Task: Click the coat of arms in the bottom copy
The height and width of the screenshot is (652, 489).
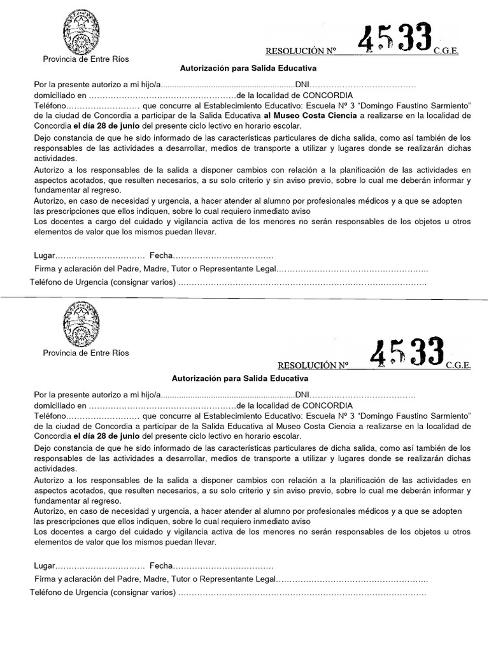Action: (81, 324)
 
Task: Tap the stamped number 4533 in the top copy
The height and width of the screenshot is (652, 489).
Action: (395, 40)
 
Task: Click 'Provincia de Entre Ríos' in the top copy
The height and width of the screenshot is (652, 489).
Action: (85, 59)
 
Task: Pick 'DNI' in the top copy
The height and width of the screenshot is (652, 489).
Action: (302, 84)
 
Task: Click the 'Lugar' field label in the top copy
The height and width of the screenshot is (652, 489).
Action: (45, 255)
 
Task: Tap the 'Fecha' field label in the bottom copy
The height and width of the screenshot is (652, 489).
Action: (161, 565)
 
